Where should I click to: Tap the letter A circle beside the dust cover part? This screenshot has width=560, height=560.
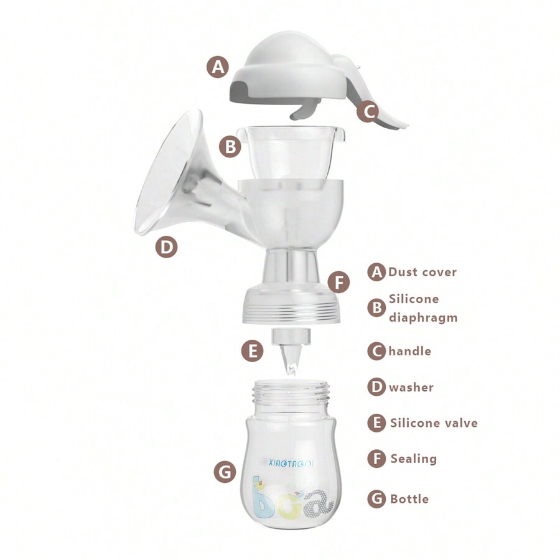(x=217, y=66)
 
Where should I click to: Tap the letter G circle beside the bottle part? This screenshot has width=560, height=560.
(x=225, y=472)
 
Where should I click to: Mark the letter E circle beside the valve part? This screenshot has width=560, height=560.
(x=252, y=351)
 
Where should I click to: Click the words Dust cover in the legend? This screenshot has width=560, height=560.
(x=422, y=272)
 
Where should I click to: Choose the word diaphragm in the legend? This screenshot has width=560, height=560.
(x=423, y=318)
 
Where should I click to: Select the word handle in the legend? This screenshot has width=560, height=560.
(x=410, y=351)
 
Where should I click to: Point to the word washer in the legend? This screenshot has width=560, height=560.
(x=411, y=387)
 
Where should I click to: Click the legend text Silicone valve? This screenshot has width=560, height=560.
(x=434, y=423)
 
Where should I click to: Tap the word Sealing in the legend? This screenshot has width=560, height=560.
(x=414, y=459)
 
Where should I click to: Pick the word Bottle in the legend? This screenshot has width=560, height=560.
(x=409, y=498)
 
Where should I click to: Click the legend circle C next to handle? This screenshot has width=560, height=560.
(x=376, y=351)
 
